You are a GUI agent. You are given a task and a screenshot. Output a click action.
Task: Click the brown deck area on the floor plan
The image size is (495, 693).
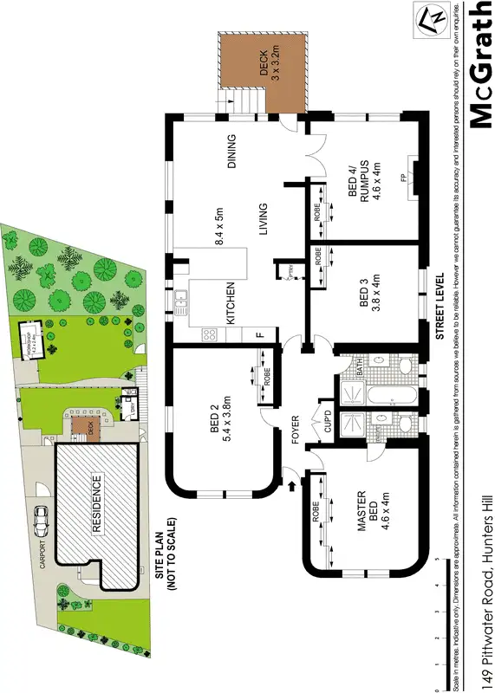264,71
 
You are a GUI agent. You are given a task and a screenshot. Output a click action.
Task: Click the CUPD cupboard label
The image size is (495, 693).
329,421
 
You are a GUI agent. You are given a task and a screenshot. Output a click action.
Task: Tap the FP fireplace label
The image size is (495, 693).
403,179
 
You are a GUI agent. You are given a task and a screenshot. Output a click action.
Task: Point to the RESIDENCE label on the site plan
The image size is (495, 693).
96,502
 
